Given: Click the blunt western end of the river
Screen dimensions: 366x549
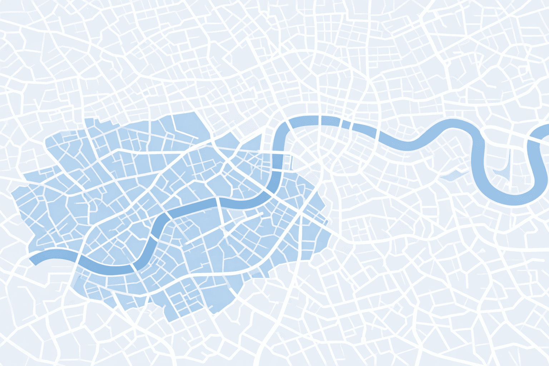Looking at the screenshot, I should tap(33, 260).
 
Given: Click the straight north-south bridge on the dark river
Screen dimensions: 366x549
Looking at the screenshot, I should tap(218, 202).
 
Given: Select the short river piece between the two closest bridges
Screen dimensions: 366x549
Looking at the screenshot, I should tap(346, 124).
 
